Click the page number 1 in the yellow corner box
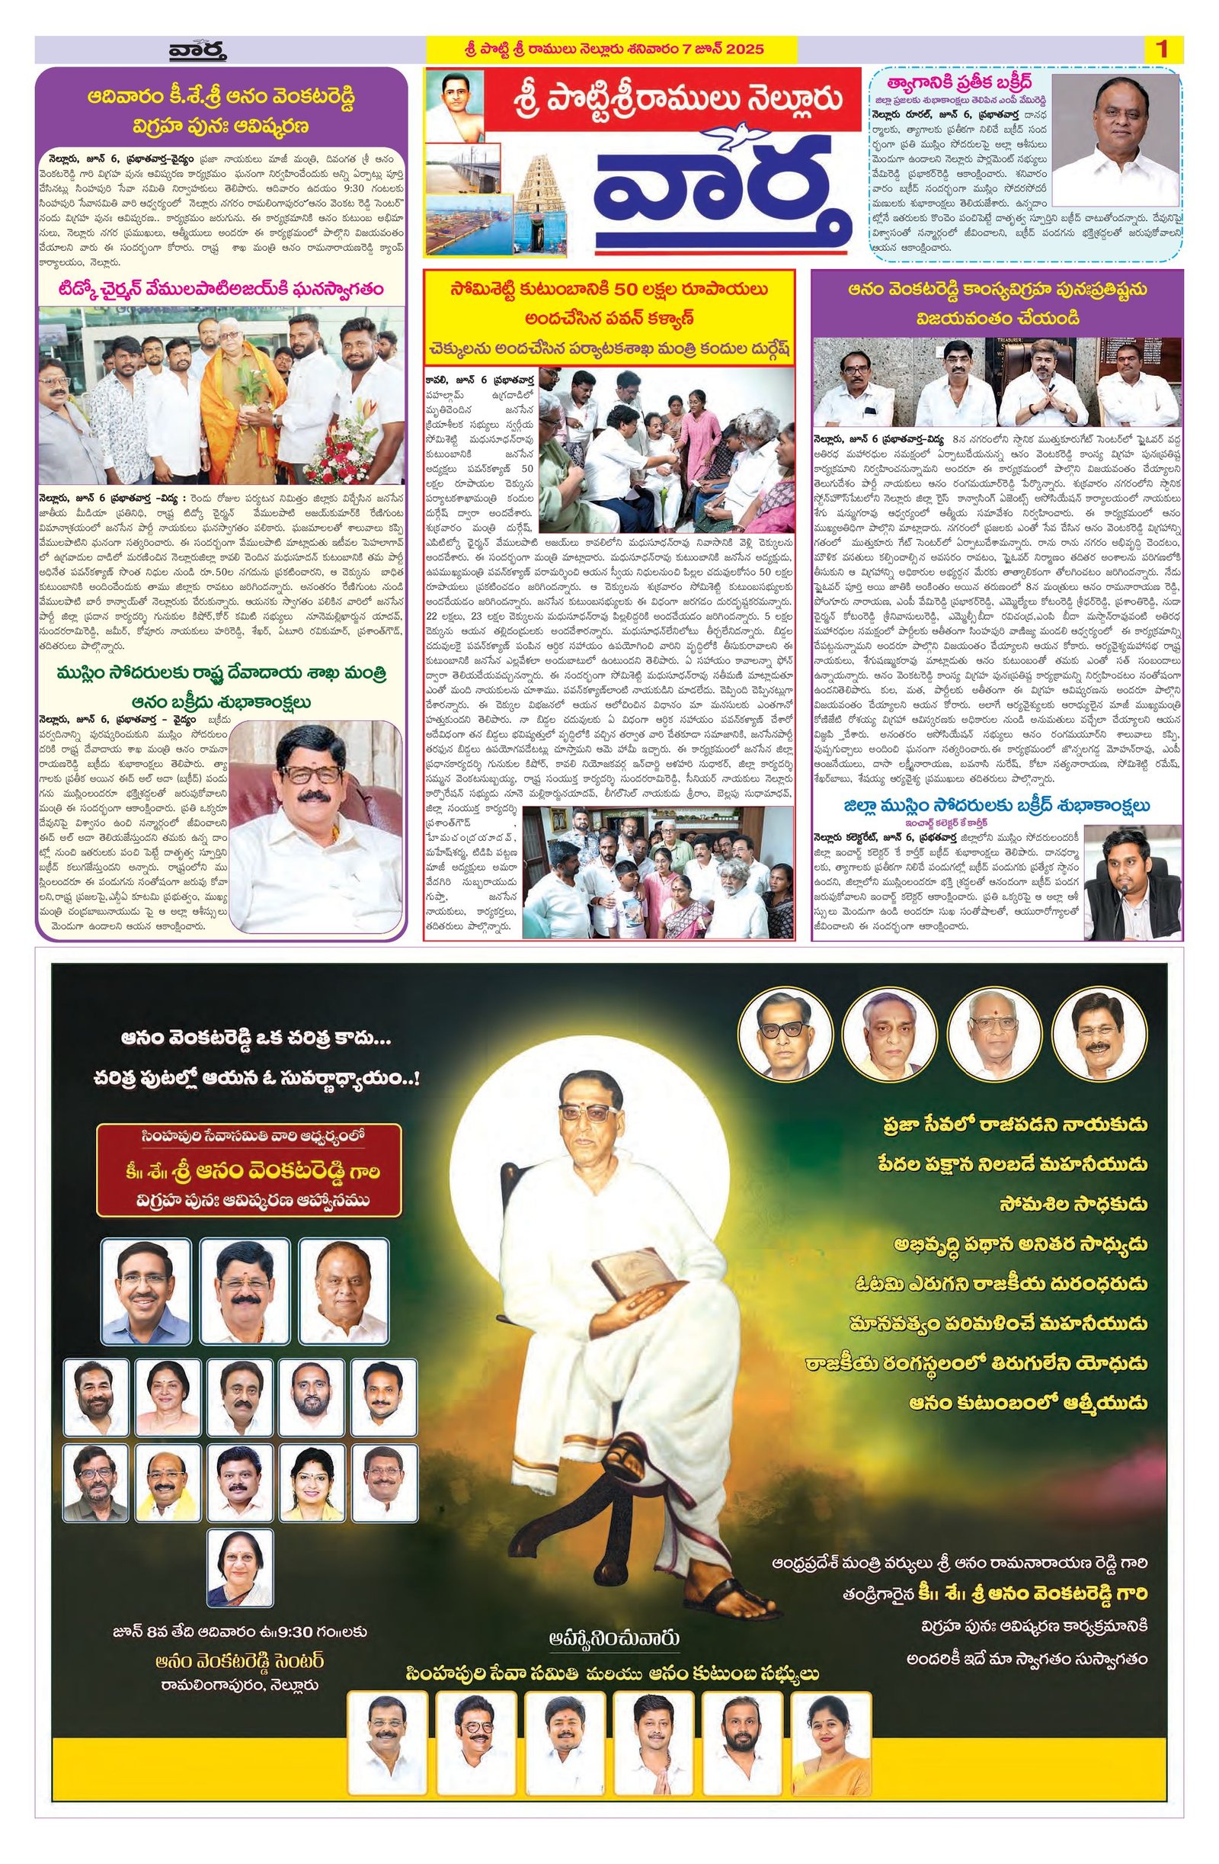click(x=1161, y=50)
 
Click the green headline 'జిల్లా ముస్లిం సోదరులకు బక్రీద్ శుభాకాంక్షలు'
click(x=997, y=805)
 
